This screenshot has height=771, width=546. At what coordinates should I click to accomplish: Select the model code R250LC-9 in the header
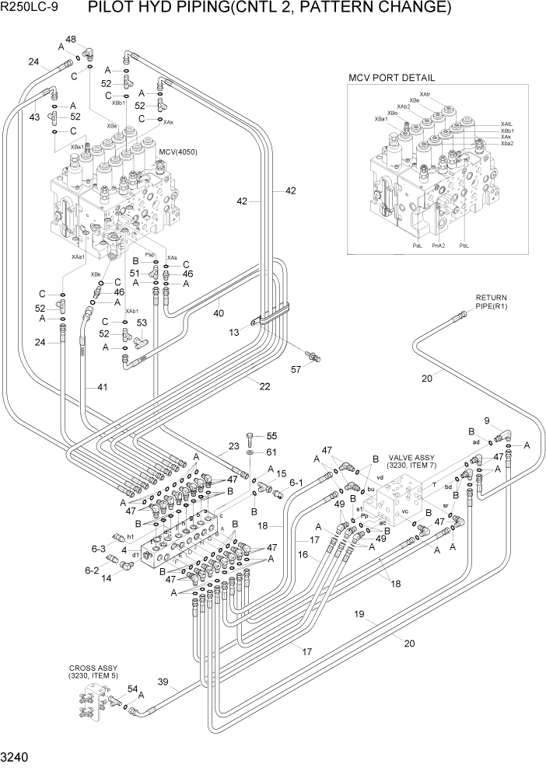33,9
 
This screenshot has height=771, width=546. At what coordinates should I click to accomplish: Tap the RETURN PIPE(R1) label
492,302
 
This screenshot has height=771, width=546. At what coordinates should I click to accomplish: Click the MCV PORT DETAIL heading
391,78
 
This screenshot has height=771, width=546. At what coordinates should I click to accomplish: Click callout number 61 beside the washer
271,452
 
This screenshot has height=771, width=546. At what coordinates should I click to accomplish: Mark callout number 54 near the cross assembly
132,689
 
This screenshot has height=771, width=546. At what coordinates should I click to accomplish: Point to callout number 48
71,40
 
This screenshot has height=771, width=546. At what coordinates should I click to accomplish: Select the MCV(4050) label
177,152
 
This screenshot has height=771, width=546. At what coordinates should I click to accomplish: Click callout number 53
141,323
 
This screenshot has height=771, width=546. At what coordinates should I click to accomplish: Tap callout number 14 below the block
107,578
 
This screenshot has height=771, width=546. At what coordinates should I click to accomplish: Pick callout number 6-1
296,483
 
